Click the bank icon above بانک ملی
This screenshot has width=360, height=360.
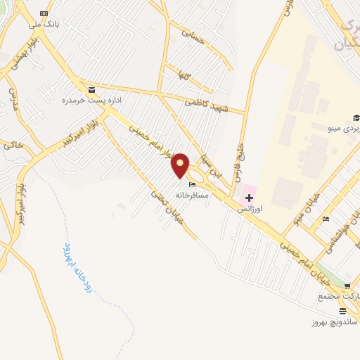point(44,14)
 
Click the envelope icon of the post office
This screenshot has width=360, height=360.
point(91,90)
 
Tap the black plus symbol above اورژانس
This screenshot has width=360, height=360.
point(249,197)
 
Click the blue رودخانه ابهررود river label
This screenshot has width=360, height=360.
point(77,268)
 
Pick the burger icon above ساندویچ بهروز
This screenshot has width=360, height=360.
point(342,311)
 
